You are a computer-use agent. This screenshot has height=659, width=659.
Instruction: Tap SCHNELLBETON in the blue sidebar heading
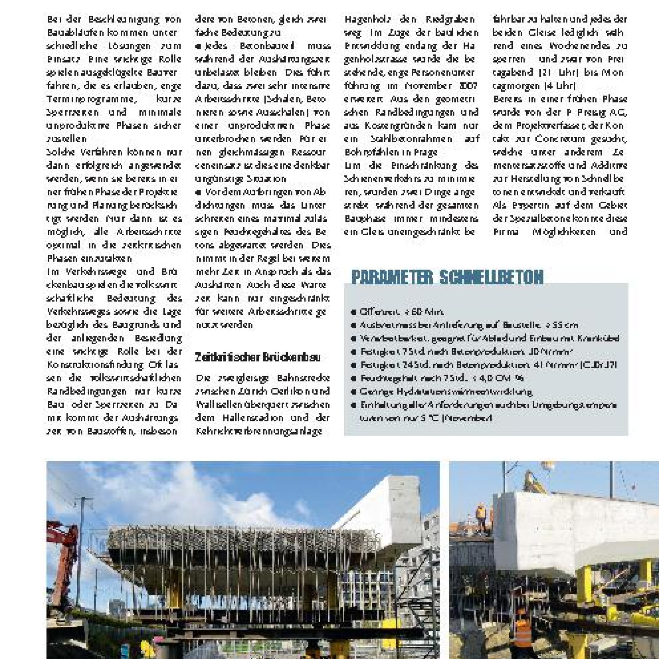point(491,277)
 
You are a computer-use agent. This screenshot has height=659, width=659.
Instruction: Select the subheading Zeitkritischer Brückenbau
point(258,358)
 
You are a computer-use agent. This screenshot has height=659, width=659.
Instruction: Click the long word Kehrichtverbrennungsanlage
point(259,431)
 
